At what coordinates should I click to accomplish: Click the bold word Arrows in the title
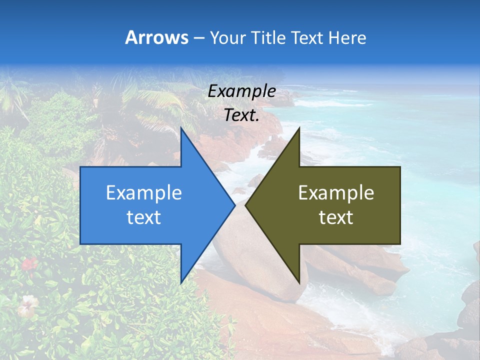click(156, 37)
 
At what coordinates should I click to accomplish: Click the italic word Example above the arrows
click(241, 91)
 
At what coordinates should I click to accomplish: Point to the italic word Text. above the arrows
click(241, 115)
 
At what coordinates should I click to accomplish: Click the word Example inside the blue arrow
click(144, 192)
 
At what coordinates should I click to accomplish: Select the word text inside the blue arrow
click(144, 217)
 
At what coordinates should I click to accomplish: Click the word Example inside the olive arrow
click(336, 192)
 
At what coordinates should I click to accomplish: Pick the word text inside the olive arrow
click(336, 217)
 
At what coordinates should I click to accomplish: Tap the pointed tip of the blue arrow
click(234, 205)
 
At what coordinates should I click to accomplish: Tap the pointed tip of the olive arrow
click(245, 205)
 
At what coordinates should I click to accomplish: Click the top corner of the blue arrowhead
click(181, 128)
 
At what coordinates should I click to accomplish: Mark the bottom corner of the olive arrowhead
click(299, 282)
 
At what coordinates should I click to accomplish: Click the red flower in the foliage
click(29, 263)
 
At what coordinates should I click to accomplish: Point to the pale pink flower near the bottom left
click(27, 303)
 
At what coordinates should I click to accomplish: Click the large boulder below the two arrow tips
click(260, 260)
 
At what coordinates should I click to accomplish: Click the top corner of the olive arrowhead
click(299, 128)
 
